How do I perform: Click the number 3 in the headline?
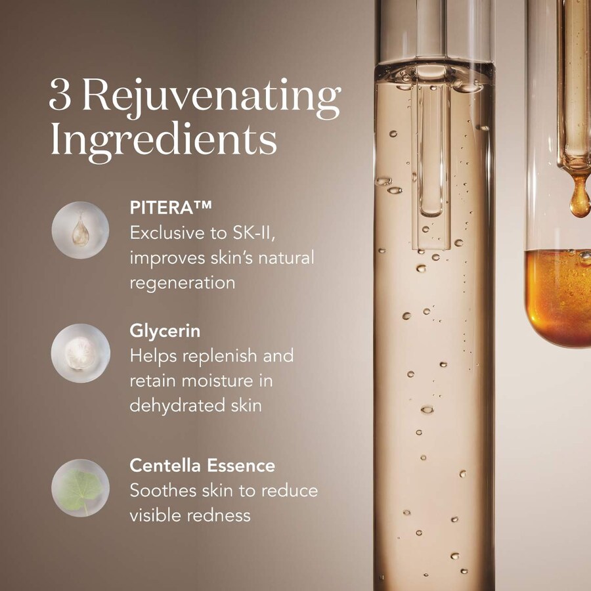pos(60,95)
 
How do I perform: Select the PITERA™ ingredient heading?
pos(171,208)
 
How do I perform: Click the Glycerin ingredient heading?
pos(165,332)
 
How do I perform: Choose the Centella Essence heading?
pos(202,466)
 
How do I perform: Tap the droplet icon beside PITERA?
pos(80,230)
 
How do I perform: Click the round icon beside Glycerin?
pos(81,353)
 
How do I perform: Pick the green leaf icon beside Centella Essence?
pos(80,488)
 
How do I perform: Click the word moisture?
pos(217,381)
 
